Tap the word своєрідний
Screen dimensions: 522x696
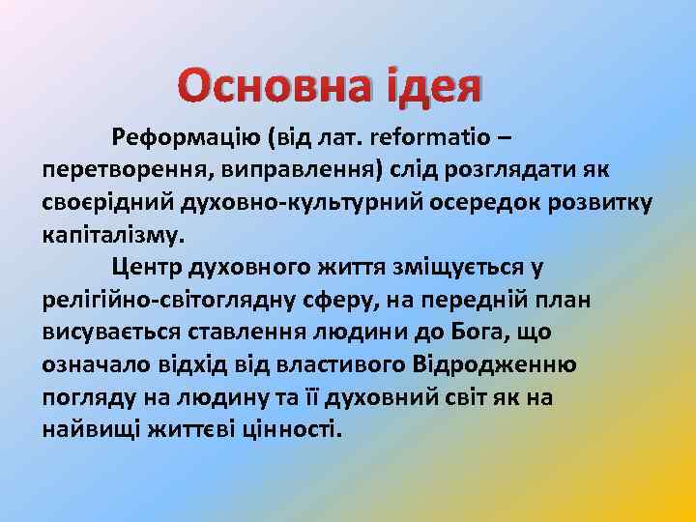[x=103, y=204]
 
